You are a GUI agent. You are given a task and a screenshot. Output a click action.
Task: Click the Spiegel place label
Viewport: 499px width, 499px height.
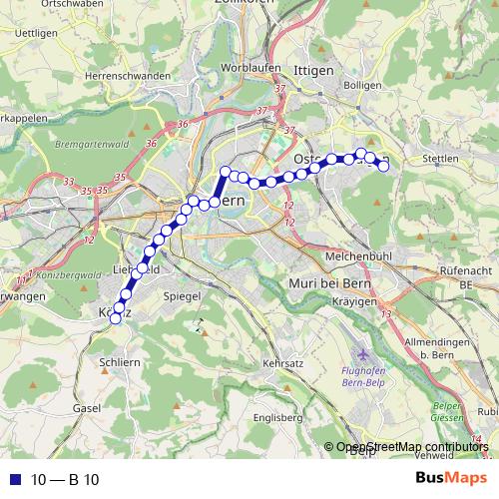point(186,297)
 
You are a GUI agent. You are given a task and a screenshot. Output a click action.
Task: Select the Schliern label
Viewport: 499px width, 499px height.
point(119,363)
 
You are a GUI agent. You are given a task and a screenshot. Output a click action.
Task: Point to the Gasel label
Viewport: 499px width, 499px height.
point(87,409)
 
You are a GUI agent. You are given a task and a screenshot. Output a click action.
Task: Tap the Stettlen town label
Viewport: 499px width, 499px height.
point(440,159)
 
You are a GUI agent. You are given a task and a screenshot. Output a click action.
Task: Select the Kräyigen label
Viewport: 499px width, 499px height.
point(363,300)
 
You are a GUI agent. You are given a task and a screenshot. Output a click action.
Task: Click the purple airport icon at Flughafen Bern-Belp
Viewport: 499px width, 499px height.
point(360,354)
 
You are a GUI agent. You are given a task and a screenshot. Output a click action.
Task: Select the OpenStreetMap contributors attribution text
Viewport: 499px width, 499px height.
point(412,448)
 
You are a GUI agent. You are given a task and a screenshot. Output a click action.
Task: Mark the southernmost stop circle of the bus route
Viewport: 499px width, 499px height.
point(115,318)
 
